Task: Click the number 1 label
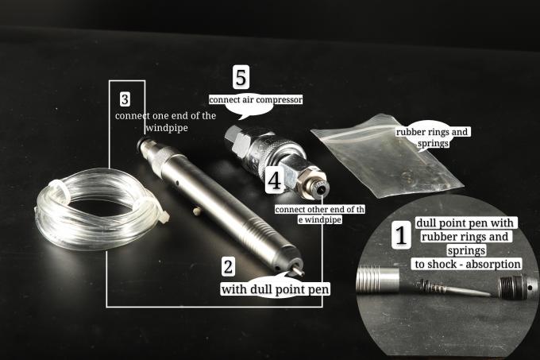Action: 401,236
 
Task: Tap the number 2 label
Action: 228,267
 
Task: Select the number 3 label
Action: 125,99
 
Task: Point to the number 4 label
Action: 275,180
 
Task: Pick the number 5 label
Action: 241,77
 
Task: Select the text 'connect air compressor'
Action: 256,100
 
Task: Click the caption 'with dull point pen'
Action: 276,289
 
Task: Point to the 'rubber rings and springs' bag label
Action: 433,137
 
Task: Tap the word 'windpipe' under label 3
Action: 167,128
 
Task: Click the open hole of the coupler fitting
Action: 322,189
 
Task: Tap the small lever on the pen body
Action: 197,210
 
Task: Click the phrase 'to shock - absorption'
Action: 467,264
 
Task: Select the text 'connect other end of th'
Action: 319,210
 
